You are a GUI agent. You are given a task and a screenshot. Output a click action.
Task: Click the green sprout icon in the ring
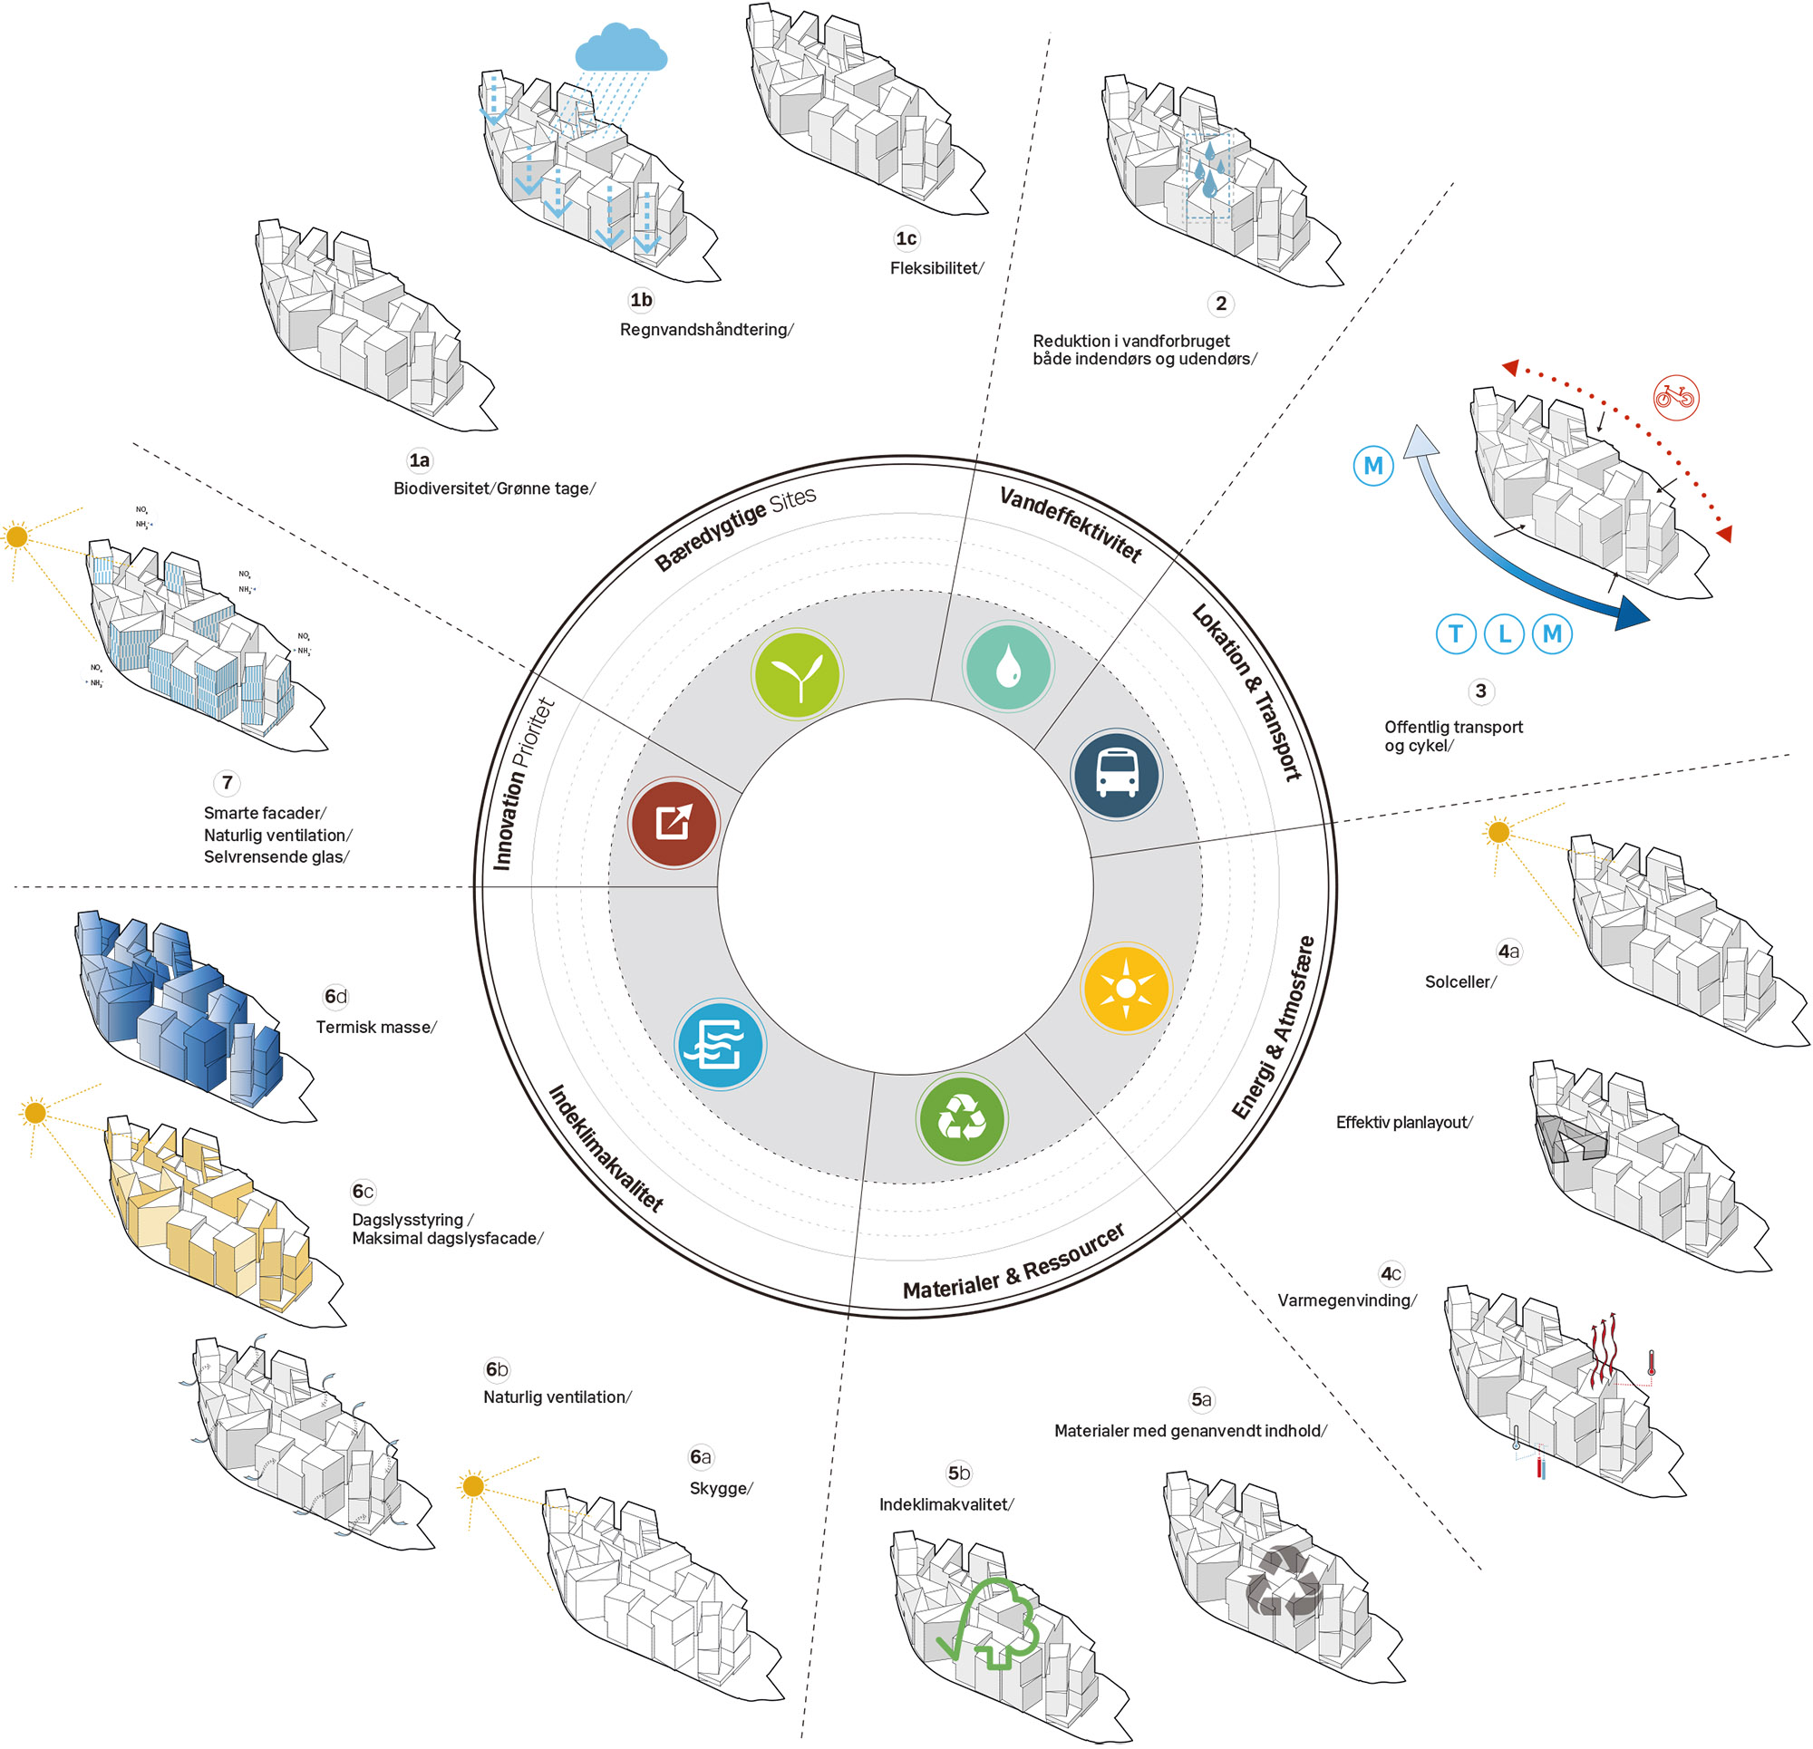pyautogui.click(x=796, y=674)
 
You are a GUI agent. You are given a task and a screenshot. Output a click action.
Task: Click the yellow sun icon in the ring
pyautogui.click(x=1125, y=989)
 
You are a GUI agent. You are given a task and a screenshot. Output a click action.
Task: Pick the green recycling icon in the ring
pyautogui.click(x=961, y=1119)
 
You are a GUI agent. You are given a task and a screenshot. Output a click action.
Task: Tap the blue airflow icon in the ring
pyautogui.click(x=719, y=1045)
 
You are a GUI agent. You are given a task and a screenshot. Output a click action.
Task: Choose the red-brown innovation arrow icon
pyautogui.click(x=674, y=822)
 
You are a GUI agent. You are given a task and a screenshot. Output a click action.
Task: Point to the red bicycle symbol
pyautogui.click(x=1675, y=398)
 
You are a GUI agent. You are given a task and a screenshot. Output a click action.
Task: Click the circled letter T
pyautogui.click(x=1455, y=633)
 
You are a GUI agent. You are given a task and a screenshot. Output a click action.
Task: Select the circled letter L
pyautogui.click(x=1504, y=633)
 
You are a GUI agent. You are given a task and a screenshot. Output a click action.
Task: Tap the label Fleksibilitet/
pyautogui.click(x=936, y=268)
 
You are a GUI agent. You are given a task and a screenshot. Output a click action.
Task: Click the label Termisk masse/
pyautogui.click(x=375, y=1027)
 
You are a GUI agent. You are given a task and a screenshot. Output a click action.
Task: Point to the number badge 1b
pyautogui.click(x=641, y=300)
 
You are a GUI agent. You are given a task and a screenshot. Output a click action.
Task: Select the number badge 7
pyautogui.click(x=228, y=782)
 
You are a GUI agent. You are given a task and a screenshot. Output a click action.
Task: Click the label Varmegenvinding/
pyautogui.click(x=1346, y=1300)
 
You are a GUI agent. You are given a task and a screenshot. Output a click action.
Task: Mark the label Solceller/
pyautogui.click(x=1459, y=981)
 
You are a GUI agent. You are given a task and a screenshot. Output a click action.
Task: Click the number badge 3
pyautogui.click(x=1481, y=691)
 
